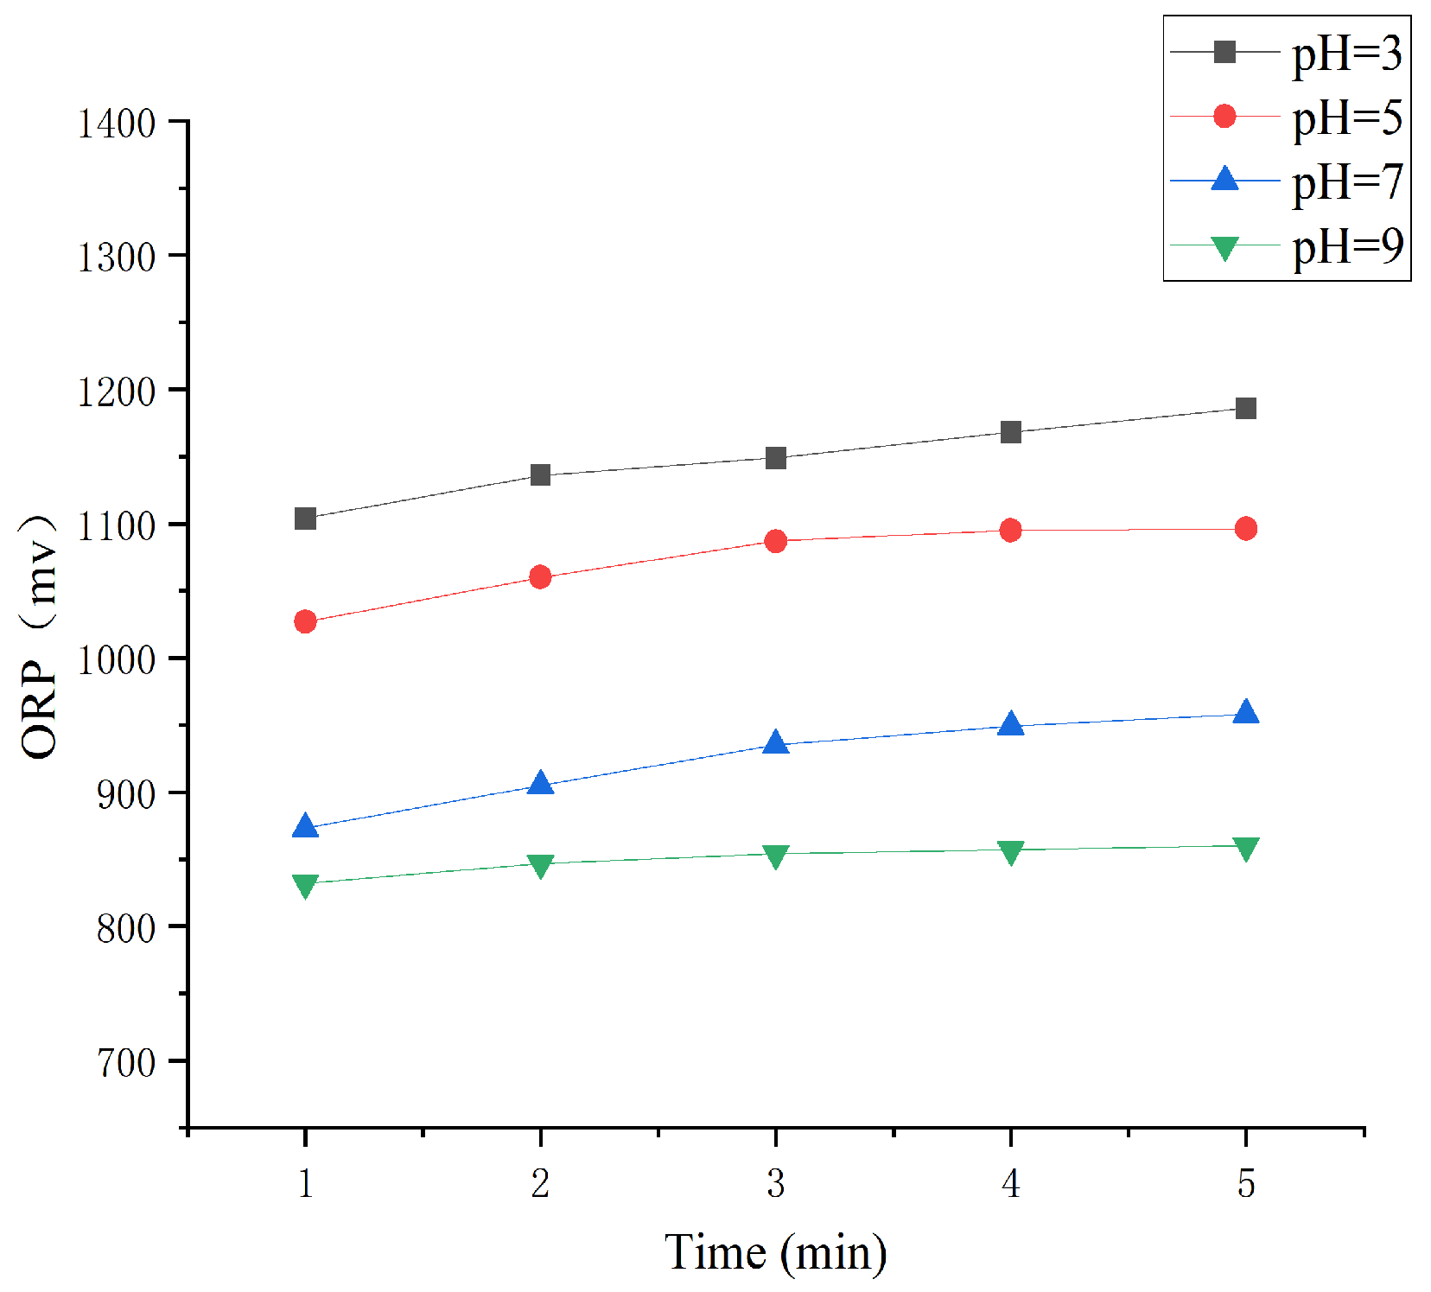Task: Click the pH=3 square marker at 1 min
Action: [x=305, y=519]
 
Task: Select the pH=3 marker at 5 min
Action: [x=1245, y=408]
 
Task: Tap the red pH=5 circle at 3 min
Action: [x=776, y=541]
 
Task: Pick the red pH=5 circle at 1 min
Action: [x=305, y=621]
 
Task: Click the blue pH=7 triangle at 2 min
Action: [x=540, y=784]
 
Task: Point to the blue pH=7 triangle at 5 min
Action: [x=1245, y=713]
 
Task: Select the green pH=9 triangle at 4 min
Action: [x=1010, y=852]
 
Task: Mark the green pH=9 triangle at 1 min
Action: [x=305, y=885]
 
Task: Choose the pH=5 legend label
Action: [x=1346, y=118]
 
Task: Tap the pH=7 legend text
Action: [x=1346, y=181]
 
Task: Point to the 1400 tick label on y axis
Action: [x=117, y=124]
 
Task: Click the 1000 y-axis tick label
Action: [x=117, y=660]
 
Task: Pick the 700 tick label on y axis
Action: [x=126, y=1063]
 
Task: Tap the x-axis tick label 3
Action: [x=776, y=1183]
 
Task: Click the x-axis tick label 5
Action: [x=1245, y=1183]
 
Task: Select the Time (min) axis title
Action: [x=775, y=1252]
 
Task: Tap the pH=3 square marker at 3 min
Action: [x=776, y=457]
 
